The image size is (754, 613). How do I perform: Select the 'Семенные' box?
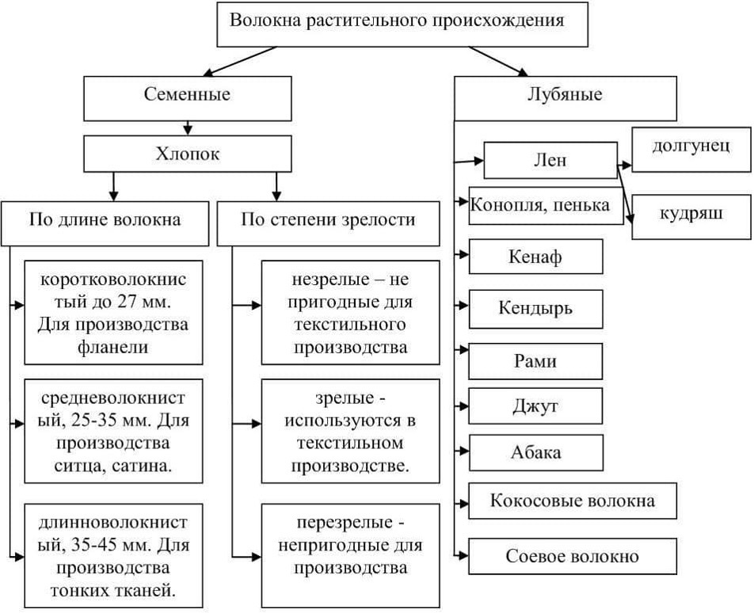point(188,96)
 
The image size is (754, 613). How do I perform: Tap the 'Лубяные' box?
point(565,96)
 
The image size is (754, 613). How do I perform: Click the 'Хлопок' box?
point(188,155)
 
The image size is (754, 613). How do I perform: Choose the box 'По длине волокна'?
point(106,219)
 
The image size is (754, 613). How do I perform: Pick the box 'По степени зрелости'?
point(327,219)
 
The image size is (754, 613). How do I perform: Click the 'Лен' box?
point(550,160)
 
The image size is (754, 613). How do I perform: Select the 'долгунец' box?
point(691,148)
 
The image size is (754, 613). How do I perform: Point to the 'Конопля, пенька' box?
point(541,205)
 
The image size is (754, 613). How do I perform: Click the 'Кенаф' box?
point(535,257)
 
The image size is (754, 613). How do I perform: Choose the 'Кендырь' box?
point(535,308)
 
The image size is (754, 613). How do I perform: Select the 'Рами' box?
point(535,361)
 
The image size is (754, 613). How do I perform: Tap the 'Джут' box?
point(535,407)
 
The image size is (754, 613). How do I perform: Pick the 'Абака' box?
point(535,453)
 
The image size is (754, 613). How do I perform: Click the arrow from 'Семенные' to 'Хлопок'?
point(188,127)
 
